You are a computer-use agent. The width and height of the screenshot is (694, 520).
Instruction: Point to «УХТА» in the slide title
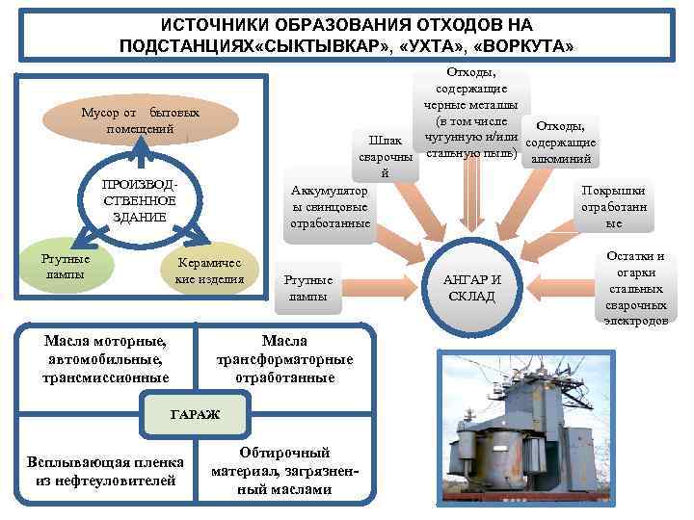(x=424, y=45)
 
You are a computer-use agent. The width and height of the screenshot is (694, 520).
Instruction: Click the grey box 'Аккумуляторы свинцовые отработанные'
(x=330, y=207)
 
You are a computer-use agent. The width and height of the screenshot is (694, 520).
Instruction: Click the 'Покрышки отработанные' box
(x=614, y=206)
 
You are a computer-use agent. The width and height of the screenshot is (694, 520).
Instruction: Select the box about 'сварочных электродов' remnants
(x=634, y=286)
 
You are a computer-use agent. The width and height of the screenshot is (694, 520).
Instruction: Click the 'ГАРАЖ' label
(x=196, y=414)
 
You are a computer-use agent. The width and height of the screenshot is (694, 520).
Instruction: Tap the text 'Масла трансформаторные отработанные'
(x=284, y=358)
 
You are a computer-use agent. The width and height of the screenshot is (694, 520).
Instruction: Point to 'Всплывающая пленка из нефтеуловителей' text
(x=104, y=470)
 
